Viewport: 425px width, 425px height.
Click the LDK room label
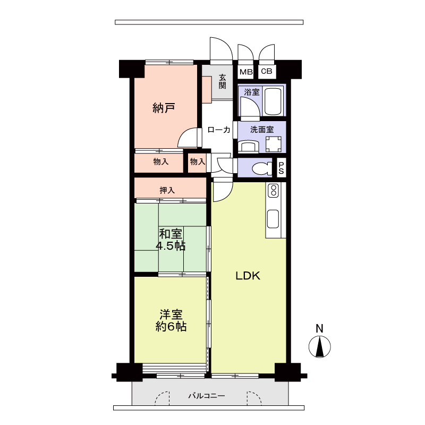[x=248, y=276]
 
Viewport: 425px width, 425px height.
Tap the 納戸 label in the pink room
[x=164, y=108]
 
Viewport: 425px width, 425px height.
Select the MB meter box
[x=246, y=72]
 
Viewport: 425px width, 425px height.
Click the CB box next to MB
[x=267, y=71]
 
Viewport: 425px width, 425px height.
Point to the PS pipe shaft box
[x=281, y=168]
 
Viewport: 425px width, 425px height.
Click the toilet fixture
[x=262, y=168]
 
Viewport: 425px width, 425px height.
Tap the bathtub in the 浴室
[x=273, y=101]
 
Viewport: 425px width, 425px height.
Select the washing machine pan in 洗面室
[x=273, y=144]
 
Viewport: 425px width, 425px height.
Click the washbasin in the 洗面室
[x=248, y=147]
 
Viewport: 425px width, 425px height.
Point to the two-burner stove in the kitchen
[x=273, y=191]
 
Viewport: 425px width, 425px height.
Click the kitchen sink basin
[x=273, y=219]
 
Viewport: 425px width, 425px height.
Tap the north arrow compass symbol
[x=320, y=347]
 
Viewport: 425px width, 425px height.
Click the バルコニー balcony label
[x=207, y=396]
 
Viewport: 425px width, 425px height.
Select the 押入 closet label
[x=167, y=190]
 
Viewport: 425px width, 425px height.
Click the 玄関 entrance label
[x=222, y=81]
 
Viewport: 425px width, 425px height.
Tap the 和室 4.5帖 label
[x=171, y=240]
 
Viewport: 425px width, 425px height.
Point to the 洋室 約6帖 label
[x=171, y=321]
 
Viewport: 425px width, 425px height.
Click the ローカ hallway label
[x=219, y=130]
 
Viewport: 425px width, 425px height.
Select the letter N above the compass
[x=320, y=328]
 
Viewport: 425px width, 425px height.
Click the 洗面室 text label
[x=262, y=130]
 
